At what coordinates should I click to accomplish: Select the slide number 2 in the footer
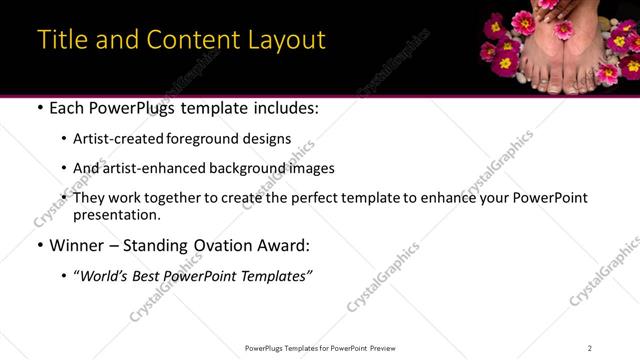coord(590,348)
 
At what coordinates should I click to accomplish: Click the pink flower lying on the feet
coord(566,30)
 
